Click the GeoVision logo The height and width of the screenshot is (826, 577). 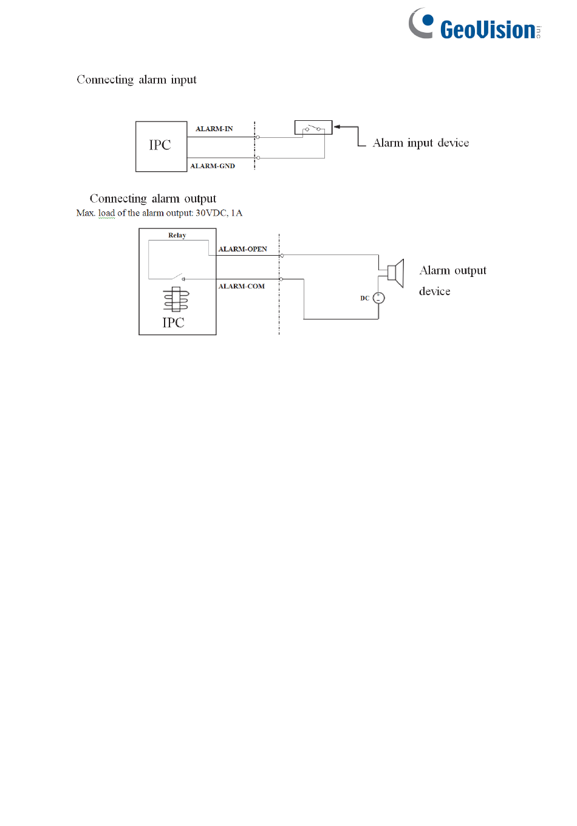click(474, 26)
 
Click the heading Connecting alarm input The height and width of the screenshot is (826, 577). click(137, 80)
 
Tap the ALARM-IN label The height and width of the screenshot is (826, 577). click(214, 129)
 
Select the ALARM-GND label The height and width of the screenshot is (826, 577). click(213, 166)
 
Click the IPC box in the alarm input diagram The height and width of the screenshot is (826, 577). click(161, 146)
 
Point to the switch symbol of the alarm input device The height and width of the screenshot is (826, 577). click(313, 128)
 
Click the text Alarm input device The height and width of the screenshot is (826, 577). click(420, 143)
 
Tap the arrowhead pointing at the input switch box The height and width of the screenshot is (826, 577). click(337, 127)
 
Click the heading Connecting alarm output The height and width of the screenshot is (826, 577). click(152, 199)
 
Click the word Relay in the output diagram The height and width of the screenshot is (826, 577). click(177, 235)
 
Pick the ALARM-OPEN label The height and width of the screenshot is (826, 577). click(242, 249)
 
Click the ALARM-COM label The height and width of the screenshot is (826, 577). click(241, 286)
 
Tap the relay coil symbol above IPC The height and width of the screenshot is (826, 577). click(176, 300)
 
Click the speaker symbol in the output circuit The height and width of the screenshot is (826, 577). click(395, 273)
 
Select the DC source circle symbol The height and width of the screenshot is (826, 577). click(378, 298)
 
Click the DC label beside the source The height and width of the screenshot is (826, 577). click(364, 298)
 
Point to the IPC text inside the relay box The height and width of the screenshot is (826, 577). click(173, 323)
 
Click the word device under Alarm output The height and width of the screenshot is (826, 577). click(434, 292)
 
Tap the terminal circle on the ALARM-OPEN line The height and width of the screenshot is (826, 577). click(282, 256)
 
